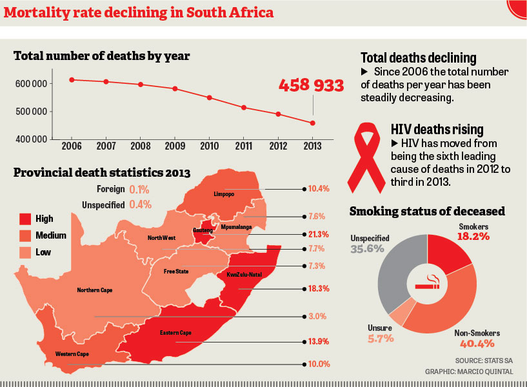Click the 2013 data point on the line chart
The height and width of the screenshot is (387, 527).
click(313, 123)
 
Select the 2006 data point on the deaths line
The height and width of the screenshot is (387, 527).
click(72, 80)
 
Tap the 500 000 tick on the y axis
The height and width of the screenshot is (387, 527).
click(30, 112)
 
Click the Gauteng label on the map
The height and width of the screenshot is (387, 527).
click(203, 230)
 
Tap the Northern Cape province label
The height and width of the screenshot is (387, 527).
click(95, 290)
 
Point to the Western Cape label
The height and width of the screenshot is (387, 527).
click(72, 354)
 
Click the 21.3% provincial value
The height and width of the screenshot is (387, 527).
click(319, 234)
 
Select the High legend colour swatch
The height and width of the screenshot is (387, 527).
click(25, 219)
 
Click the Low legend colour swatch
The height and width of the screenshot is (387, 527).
click(25, 252)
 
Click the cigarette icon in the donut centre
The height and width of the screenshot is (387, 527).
click(426, 284)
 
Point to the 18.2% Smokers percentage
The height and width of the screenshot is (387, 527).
click(475, 237)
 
